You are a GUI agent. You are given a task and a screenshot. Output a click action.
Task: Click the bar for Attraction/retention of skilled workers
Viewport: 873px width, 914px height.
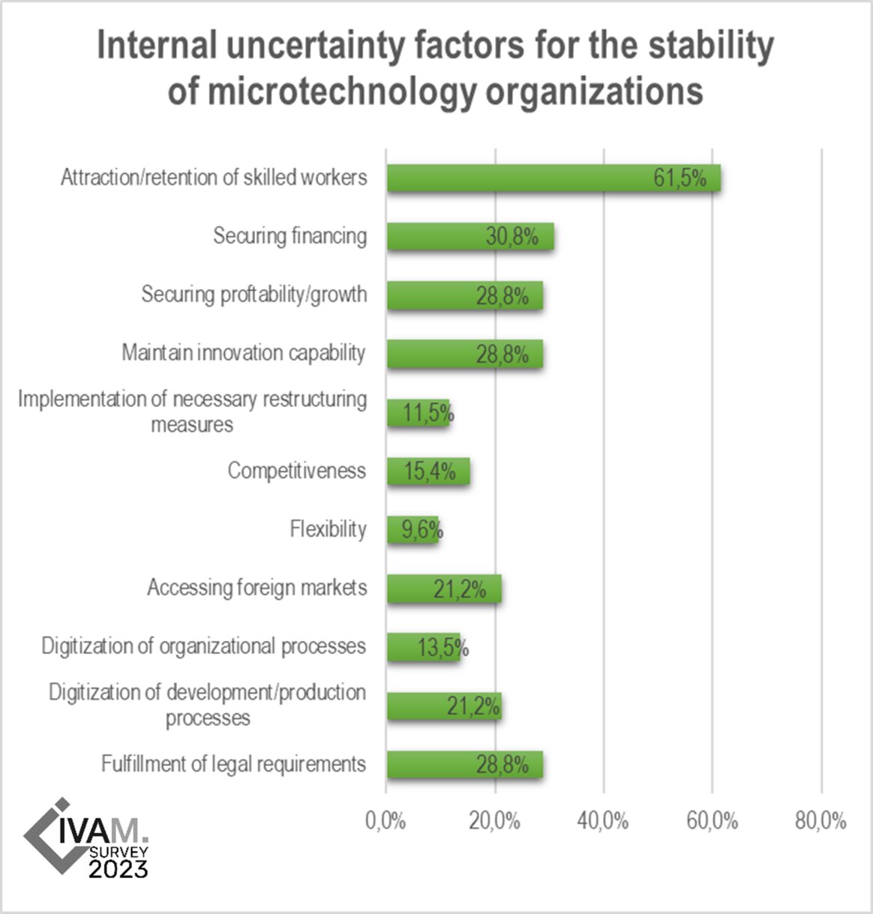[553, 178]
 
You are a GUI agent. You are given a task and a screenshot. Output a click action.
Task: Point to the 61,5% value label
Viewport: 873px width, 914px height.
[679, 178]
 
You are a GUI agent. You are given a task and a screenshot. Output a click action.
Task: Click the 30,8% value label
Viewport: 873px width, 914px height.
[512, 237]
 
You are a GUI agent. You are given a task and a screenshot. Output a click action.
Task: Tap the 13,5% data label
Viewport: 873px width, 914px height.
[442, 647]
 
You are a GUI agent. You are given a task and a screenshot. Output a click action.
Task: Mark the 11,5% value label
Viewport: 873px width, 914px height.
[428, 413]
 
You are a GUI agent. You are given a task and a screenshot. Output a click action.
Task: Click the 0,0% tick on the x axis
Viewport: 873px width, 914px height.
[385, 821]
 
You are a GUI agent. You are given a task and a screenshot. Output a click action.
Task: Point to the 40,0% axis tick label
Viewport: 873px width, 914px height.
[603, 821]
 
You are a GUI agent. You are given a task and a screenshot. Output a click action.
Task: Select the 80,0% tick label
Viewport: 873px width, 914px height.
[820, 821]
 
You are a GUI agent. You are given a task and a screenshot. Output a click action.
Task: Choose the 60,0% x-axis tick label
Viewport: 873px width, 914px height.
[712, 821]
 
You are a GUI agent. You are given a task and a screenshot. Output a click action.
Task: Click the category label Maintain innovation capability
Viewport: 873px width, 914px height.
[244, 353]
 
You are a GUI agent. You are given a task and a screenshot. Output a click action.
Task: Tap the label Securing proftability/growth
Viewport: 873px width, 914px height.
[254, 294]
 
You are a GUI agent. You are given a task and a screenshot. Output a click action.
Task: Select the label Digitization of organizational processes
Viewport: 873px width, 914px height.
[204, 646]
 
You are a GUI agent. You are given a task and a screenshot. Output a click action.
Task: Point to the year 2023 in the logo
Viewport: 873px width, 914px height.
[118, 868]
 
